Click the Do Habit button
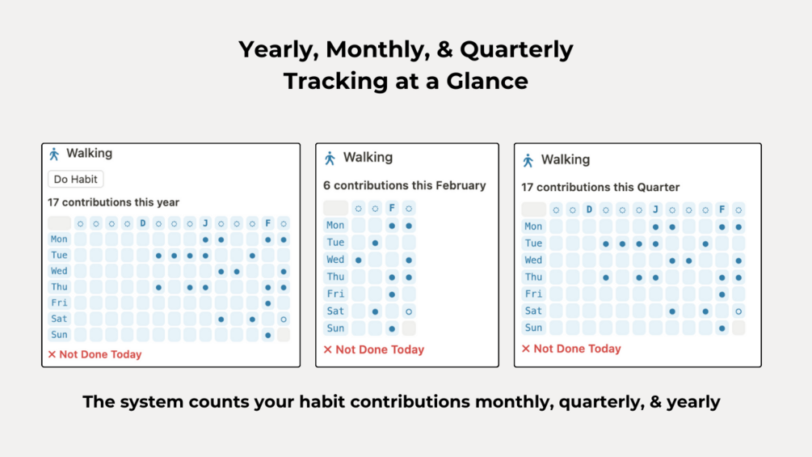76,180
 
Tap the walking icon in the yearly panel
54,154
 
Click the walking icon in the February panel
330,158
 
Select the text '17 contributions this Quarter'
600,187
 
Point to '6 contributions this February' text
405,185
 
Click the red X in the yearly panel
52,354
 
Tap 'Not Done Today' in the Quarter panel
577,349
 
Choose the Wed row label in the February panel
335,260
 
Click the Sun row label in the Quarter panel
533,328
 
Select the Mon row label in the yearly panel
59,239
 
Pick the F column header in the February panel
392,208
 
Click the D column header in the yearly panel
143,223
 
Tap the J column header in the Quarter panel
655,209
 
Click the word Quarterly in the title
516,49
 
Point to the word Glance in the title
490,81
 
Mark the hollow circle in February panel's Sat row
409,311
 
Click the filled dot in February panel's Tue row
375,243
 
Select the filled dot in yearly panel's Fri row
268,303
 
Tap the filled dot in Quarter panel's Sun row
722,328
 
